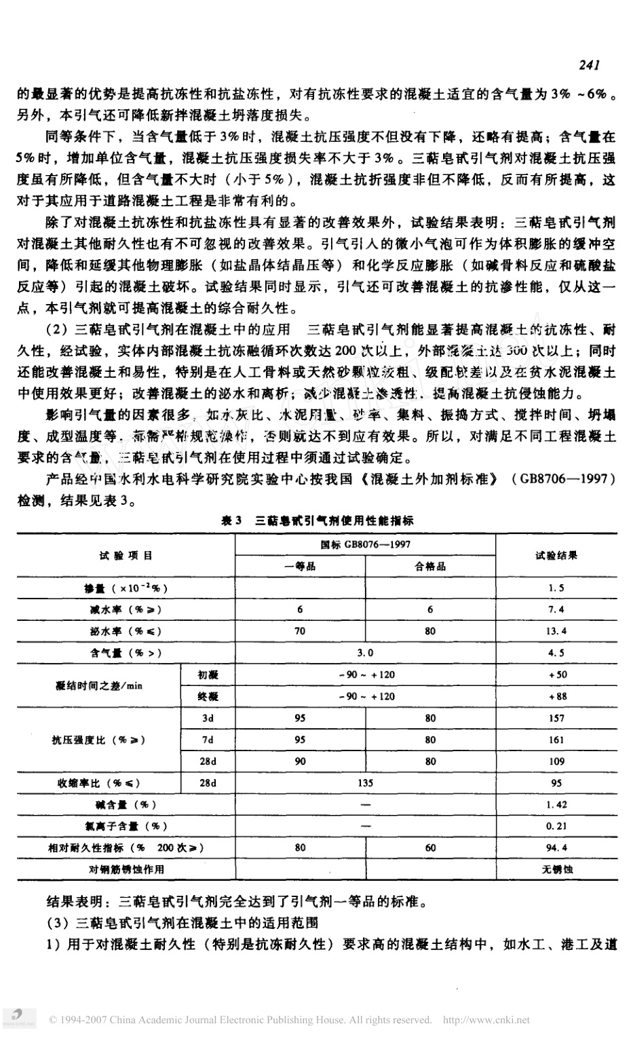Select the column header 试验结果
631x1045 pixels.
coord(556,556)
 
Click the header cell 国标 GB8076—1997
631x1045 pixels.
coord(365,545)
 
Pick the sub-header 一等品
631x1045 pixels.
coord(300,567)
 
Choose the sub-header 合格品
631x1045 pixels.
coord(430,567)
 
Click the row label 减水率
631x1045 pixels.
coord(125,610)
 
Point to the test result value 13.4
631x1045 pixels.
coord(556,632)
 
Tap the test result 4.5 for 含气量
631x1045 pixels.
coord(556,653)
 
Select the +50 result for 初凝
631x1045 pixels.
coord(556,675)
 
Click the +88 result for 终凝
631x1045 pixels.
coord(556,697)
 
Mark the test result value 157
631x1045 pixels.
coord(556,719)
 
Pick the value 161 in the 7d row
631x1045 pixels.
coord(556,740)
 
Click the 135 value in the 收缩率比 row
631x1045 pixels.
coord(365,783)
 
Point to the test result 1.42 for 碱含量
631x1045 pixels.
coord(556,805)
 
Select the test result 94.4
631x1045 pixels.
coord(556,848)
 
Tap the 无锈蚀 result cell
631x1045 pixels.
coord(556,869)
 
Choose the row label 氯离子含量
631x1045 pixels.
coord(126,826)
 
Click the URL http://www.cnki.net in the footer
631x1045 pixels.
coord(486,1020)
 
